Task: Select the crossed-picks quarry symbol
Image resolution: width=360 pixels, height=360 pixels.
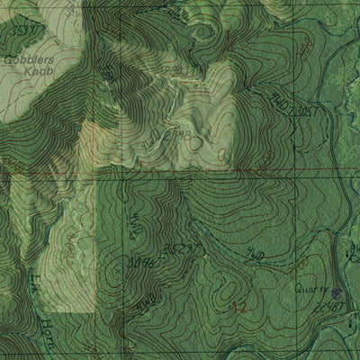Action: [x=337, y=292]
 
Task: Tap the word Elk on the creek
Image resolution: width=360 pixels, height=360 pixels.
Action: [x=35, y=293]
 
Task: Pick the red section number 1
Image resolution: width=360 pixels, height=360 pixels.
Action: [x=229, y=38]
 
